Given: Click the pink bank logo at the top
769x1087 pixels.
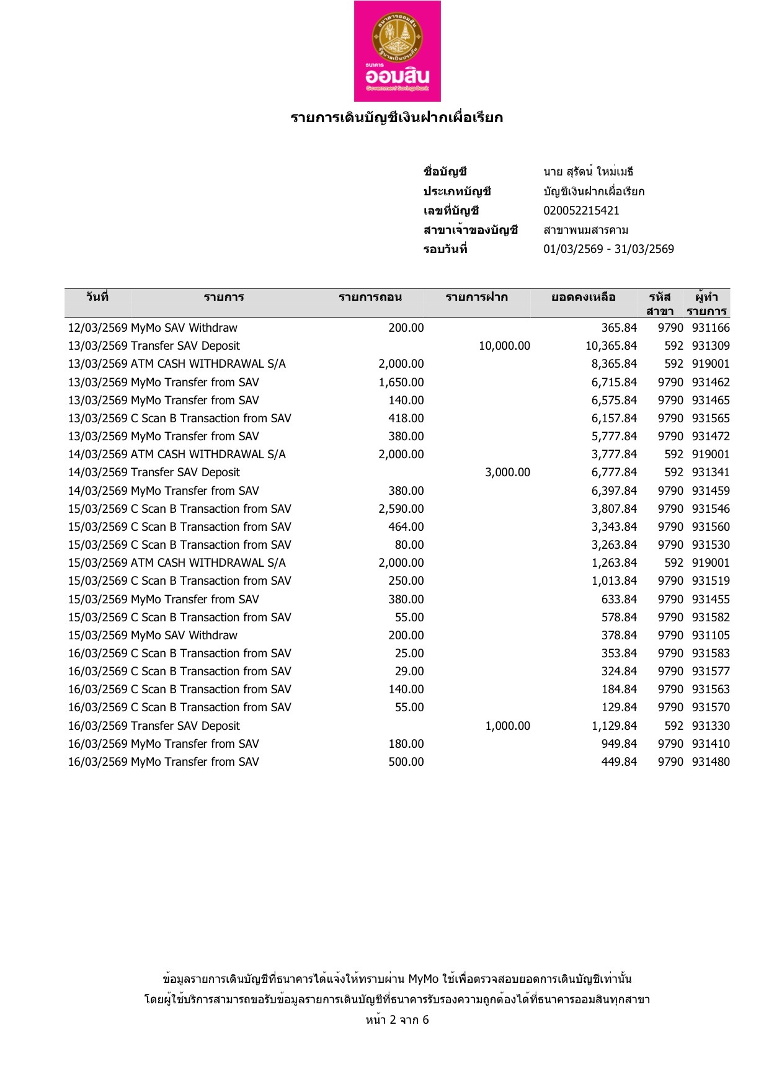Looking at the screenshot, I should tap(397, 51).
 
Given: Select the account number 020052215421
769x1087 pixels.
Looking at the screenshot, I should tap(581, 211).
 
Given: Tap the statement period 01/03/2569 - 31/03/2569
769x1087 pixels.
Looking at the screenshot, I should tap(608, 249).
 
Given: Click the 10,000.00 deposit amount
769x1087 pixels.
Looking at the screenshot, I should tap(504, 346).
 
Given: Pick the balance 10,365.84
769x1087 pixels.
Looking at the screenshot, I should tap(611, 346).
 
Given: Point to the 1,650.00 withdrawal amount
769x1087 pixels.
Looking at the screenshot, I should tap(401, 383).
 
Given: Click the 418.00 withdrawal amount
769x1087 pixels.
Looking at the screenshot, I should tap(406, 419).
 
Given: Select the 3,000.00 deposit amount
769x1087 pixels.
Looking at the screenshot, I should tap(507, 473).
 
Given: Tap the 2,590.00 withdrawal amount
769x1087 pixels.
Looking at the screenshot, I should tap(401, 509).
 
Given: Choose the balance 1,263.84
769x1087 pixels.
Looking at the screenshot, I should tap(614, 563).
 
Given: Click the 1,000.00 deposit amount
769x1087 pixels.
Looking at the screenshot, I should tap(507, 726).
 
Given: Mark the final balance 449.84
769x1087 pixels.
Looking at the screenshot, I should tap(619, 762).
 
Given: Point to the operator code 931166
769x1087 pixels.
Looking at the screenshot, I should tap(711, 328).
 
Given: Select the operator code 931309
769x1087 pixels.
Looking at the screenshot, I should tap(711, 346).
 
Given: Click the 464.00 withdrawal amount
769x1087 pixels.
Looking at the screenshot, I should tap(406, 527).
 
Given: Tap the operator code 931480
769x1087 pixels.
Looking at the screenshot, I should tap(711, 762).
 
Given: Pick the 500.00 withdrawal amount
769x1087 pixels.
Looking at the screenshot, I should tap(406, 762).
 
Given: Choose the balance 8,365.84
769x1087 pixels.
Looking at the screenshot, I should tap(614, 364).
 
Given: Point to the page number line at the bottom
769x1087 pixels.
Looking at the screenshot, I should tap(397, 1020).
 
